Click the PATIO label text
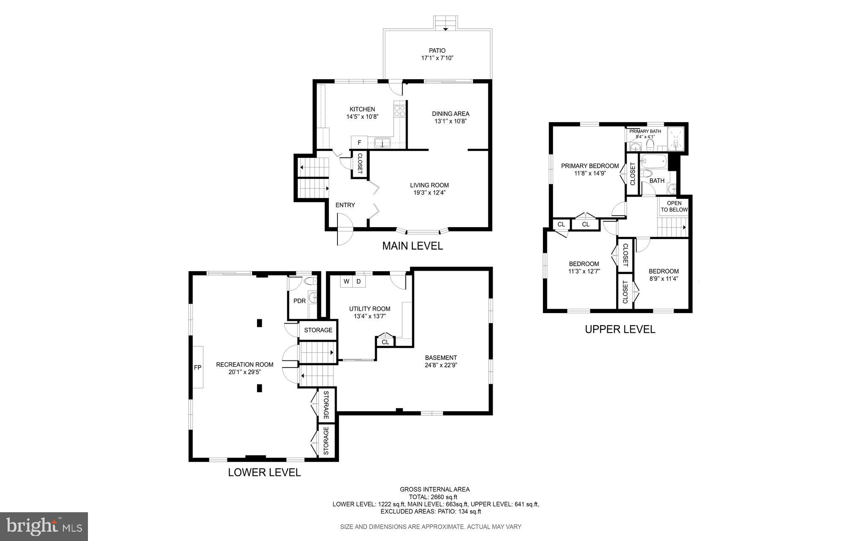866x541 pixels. (437, 51)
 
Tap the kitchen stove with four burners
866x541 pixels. (399, 111)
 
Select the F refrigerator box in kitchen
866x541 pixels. (359, 143)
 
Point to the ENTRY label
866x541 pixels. (345, 205)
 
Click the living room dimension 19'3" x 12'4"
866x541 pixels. (429, 193)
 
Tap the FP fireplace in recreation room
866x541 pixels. (197, 367)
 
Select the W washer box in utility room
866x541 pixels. (346, 281)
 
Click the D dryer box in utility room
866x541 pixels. (359, 281)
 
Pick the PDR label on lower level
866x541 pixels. (299, 301)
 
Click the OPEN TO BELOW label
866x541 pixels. (674, 206)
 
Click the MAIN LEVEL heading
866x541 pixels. (412, 246)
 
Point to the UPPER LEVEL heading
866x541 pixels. (620, 330)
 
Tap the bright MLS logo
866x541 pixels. (44, 526)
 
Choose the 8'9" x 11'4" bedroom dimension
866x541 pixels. (663, 279)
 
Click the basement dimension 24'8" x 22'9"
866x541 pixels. (441, 365)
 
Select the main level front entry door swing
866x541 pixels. (344, 230)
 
